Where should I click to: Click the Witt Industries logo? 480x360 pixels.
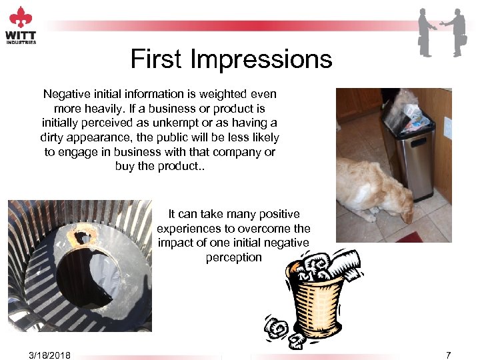pos(21,25)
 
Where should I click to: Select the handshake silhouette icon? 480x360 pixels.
pos(442,31)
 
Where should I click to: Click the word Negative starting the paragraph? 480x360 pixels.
pos(66,94)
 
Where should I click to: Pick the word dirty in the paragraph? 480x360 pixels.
pos(53,137)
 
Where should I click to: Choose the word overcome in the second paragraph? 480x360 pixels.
pos(263,229)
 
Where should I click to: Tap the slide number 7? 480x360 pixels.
pos(448,354)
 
